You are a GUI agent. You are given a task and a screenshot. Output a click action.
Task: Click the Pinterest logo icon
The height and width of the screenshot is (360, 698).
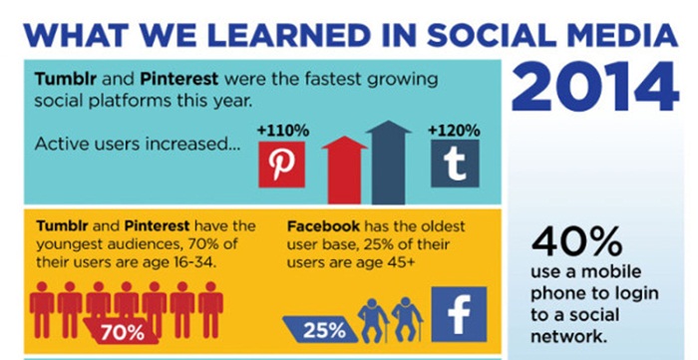pos(282,165)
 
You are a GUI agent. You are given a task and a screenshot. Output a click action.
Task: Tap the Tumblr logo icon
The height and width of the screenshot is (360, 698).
pos(455,164)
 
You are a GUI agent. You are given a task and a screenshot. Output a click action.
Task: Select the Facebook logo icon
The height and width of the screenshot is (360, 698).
pos(459,314)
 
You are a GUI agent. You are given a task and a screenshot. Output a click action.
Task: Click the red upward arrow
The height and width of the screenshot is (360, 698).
pos(345,170)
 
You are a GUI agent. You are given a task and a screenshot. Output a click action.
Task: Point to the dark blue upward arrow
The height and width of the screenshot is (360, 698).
pos(389,163)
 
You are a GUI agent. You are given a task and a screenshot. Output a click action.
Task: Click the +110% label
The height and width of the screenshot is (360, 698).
pos(282,131)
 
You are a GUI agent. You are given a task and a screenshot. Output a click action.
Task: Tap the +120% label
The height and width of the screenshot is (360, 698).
pos(454,131)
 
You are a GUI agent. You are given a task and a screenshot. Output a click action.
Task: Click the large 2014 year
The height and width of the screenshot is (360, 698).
pos(594,87)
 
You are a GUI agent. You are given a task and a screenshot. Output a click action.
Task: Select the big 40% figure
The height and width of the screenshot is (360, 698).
pos(576,241)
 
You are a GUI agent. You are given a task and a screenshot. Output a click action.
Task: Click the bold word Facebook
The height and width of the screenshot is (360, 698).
pos(323,226)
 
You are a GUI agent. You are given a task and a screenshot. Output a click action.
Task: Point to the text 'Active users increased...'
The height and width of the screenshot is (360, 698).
pos(138,144)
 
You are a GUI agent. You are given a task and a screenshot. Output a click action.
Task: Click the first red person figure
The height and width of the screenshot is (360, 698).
pos(42,310)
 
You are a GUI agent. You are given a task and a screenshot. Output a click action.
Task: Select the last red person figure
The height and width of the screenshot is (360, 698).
pos(210,310)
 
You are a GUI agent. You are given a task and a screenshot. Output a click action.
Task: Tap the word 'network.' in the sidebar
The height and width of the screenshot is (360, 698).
pos(568,336)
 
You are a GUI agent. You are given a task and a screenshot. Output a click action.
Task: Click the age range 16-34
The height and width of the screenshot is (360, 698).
pos(195,262)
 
